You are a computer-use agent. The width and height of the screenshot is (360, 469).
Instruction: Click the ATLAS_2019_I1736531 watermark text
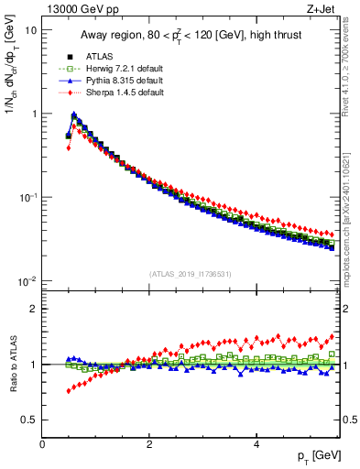[x=191, y=273]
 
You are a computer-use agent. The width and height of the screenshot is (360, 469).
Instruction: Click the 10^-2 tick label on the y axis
[x=27, y=281]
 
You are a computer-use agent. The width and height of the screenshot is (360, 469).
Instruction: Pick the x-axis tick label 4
[x=256, y=443]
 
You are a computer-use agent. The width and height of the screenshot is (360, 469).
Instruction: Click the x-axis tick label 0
[x=42, y=443]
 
